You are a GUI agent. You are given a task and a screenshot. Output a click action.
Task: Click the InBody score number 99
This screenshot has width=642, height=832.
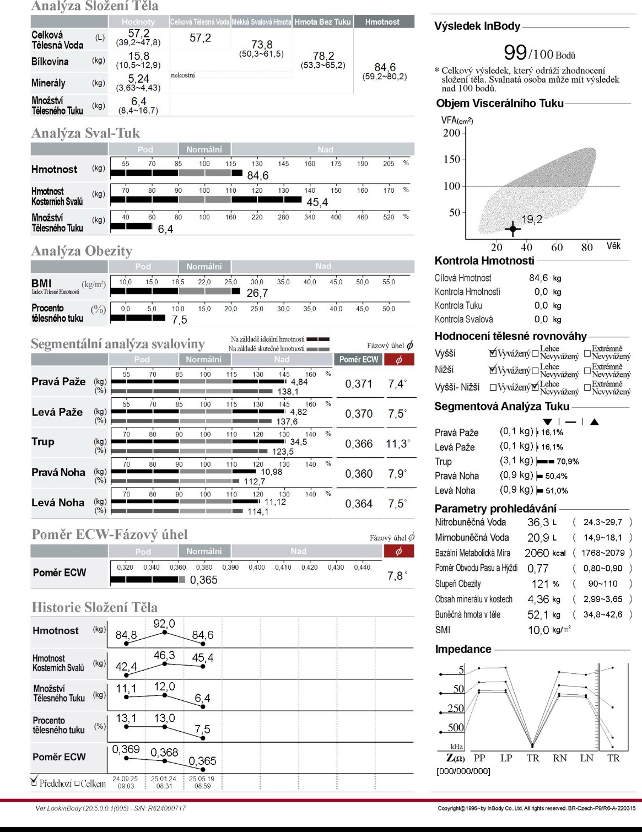click(515, 52)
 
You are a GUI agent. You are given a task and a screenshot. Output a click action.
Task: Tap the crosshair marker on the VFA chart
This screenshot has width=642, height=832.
click(513, 229)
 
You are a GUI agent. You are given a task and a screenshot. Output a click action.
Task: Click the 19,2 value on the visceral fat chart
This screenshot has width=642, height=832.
click(532, 219)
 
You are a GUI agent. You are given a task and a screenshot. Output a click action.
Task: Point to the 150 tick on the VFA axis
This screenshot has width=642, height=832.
click(452, 159)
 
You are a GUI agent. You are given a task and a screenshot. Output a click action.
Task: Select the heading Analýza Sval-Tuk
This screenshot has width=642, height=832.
click(85, 133)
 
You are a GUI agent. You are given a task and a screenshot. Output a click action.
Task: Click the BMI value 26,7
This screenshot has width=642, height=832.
click(257, 293)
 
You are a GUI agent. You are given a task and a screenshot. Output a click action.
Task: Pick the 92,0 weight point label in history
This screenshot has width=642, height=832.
click(164, 624)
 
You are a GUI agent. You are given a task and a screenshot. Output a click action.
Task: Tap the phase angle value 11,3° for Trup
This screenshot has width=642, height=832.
click(398, 444)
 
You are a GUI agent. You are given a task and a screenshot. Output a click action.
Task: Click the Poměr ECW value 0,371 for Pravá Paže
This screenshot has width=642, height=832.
click(359, 384)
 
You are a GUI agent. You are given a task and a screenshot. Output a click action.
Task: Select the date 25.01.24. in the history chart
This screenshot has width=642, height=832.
click(164, 779)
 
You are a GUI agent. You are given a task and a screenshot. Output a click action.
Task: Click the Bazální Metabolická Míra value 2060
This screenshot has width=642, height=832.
click(537, 553)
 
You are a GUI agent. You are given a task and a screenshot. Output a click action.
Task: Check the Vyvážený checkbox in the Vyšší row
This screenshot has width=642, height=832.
click(493, 353)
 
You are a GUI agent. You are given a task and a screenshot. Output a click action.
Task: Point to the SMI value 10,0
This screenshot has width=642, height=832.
click(538, 630)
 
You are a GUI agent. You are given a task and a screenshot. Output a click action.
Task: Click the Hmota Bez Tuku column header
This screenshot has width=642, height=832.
click(322, 22)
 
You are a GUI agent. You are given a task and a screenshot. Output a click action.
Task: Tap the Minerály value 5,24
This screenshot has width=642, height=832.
click(138, 79)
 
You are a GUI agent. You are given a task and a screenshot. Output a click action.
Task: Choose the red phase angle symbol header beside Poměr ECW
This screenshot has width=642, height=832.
click(399, 359)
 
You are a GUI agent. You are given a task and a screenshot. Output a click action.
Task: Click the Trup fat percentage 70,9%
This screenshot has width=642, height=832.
click(567, 462)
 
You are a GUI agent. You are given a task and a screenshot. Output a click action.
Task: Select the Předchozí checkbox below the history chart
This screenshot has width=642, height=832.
click(34, 782)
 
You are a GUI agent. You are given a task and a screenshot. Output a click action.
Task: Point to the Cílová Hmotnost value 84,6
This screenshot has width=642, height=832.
click(538, 278)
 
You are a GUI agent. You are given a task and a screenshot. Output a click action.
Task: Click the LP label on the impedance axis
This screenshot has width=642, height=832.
click(506, 758)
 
